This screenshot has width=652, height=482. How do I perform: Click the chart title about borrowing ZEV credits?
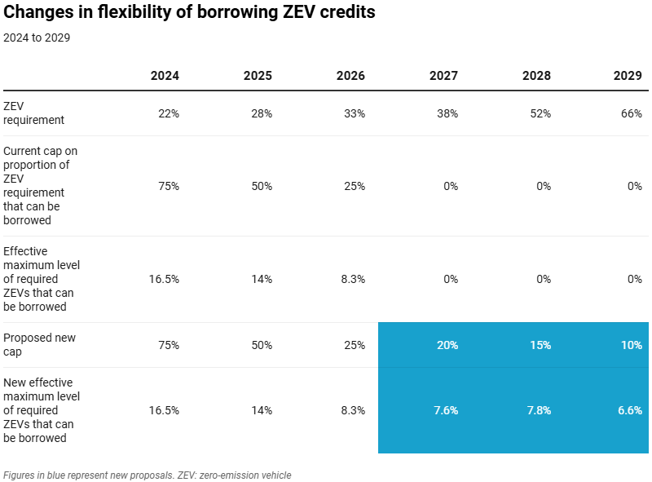(190, 13)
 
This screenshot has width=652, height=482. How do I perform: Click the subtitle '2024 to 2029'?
(37, 38)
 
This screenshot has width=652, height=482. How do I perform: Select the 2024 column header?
(165, 76)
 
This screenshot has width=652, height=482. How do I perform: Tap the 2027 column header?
(443, 76)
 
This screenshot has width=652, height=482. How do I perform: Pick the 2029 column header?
(628, 76)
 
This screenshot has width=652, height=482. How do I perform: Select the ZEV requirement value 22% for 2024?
(169, 113)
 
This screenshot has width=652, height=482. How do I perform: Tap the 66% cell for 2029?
(632, 113)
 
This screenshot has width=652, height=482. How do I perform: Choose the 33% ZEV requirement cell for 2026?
(355, 113)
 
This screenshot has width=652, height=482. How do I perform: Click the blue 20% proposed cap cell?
(447, 345)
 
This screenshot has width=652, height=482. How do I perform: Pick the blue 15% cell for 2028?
(540, 345)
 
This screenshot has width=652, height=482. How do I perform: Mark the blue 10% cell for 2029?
(632, 345)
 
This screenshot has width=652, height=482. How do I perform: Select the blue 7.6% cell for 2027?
(446, 410)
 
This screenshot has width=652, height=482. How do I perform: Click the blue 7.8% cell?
(539, 410)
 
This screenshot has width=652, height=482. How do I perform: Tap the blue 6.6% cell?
(630, 410)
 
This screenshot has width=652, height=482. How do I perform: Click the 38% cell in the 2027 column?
(447, 113)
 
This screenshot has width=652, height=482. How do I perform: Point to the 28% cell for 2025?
(262, 113)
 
